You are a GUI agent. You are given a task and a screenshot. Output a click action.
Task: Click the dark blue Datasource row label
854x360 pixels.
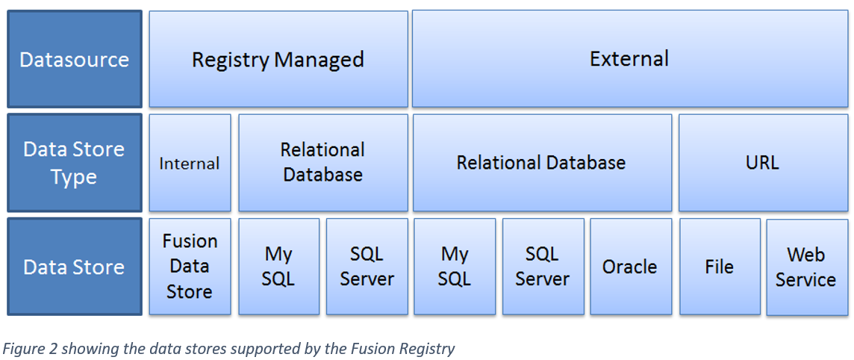(x=74, y=59)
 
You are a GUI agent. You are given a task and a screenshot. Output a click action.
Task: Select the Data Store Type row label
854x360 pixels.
(x=74, y=163)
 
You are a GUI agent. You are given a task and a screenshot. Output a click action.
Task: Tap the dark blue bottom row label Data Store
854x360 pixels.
(x=74, y=267)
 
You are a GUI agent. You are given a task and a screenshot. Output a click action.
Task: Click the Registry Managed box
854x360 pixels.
(x=278, y=59)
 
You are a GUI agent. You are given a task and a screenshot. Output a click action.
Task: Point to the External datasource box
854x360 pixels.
(x=629, y=58)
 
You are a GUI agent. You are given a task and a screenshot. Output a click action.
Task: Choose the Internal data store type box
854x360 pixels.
(x=190, y=163)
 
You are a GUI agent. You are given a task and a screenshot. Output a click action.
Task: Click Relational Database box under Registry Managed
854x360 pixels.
(x=322, y=162)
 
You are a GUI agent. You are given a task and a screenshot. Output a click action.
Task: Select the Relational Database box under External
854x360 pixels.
(x=541, y=162)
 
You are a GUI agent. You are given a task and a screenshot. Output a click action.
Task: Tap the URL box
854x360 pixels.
(x=762, y=162)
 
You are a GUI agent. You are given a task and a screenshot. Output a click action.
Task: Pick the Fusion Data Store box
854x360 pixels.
(x=190, y=266)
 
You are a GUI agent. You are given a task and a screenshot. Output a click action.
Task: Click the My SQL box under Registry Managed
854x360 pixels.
(x=278, y=266)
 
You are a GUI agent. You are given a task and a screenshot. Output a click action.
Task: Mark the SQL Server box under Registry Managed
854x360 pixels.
(x=367, y=266)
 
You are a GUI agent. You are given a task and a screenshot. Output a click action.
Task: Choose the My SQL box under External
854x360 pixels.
(x=455, y=266)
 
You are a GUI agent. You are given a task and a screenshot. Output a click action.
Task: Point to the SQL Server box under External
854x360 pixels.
(x=543, y=266)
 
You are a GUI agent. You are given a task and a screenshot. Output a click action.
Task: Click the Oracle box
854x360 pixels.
(x=630, y=267)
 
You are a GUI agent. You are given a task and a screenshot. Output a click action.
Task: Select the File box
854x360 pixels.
(x=720, y=267)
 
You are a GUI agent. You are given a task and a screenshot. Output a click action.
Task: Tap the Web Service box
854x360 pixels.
(x=806, y=267)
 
